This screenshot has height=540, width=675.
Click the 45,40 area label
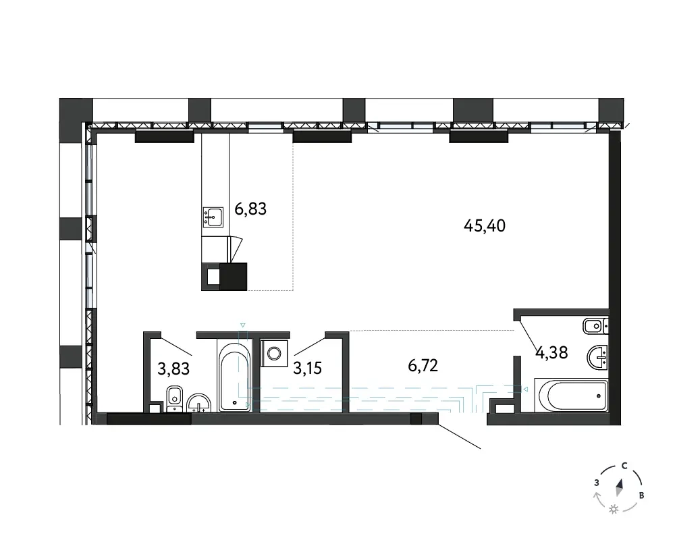coord(484,225)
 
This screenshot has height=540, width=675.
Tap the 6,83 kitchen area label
coord(250,209)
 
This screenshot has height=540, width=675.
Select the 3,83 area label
coord(173,369)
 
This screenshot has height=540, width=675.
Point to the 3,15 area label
coord(307,369)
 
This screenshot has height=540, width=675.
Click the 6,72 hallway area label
coord(423,366)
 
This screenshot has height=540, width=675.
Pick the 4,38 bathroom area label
coord(551,352)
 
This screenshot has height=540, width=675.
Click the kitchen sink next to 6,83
coord(213,217)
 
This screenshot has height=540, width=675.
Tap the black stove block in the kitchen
coord(224,277)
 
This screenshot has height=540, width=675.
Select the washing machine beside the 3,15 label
coord(274,353)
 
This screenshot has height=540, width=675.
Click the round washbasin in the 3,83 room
coord(199,403)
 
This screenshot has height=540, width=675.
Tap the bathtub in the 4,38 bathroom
coord(571,395)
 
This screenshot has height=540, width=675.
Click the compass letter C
coord(624,466)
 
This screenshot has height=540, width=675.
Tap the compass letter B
coord(641,495)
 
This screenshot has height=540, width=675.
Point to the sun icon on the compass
coord(614,510)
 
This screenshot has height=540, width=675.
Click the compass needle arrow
coord(620,487)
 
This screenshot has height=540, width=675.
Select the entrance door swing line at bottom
coord(459,437)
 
